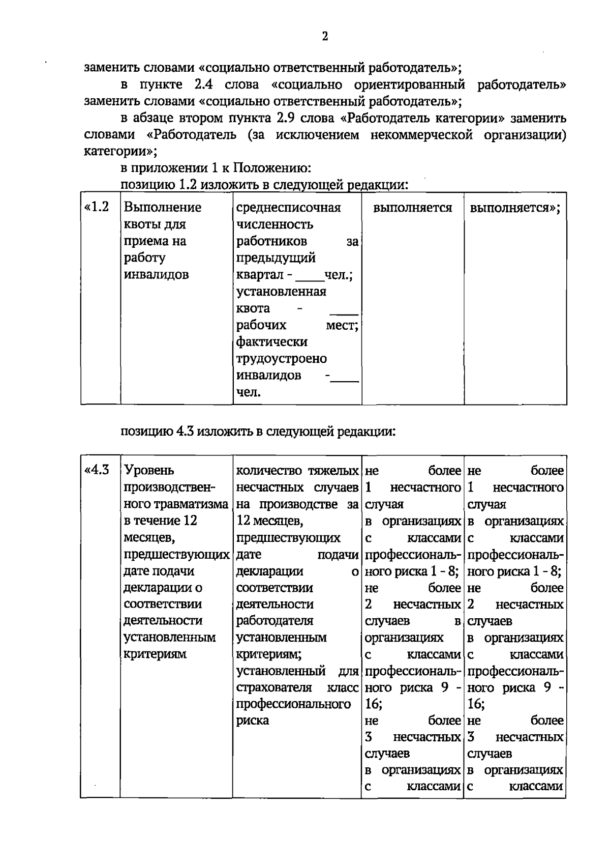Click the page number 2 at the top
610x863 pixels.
[325, 37]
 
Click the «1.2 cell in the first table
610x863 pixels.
[97, 207]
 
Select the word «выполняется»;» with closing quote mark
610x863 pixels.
[515, 208]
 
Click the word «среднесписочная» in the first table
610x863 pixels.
[288, 208]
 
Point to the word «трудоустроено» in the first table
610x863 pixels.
[281, 359]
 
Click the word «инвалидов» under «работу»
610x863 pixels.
[156, 275]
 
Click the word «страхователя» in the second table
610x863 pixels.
[273, 688]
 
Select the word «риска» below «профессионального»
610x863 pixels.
[253, 721]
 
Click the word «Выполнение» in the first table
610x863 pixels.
[162, 208]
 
